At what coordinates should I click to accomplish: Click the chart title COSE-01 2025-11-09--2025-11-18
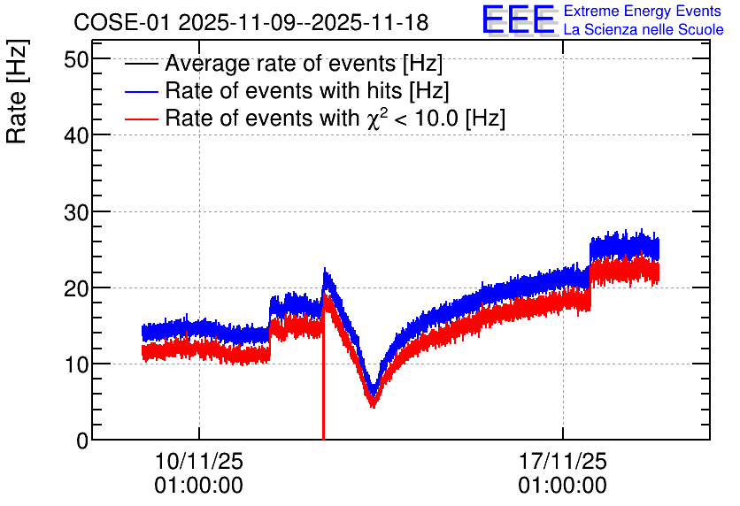pyautogui.click(x=251, y=22)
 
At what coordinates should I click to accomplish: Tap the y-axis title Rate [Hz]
pyautogui.click(x=17, y=91)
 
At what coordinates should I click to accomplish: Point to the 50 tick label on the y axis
pyautogui.click(x=76, y=59)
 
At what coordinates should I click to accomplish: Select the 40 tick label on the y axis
pyautogui.click(x=76, y=136)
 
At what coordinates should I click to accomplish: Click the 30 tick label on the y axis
pyautogui.click(x=76, y=212)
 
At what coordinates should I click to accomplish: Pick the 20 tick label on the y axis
pyautogui.click(x=76, y=288)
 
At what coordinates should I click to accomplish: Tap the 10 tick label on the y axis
pyautogui.click(x=76, y=364)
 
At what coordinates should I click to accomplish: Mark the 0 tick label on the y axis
pyautogui.click(x=82, y=441)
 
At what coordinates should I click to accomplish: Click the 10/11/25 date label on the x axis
pyautogui.click(x=198, y=461)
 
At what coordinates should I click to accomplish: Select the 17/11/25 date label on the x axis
pyautogui.click(x=563, y=461)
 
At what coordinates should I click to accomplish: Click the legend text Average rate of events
pyautogui.click(x=281, y=63)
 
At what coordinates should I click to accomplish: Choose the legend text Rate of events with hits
pyautogui.click(x=283, y=90)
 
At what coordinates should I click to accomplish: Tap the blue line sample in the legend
pyautogui.click(x=142, y=91)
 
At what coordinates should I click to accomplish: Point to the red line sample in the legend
pyautogui.click(x=142, y=119)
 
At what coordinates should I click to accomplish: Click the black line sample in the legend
pyautogui.click(x=142, y=64)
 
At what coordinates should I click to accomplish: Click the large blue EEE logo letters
pyautogui.click(x=518, y=19)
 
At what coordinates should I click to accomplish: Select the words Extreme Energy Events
pyautogui.click(x=643, y=11)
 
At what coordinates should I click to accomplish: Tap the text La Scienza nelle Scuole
pyautogui.click(x=644, y=29)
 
